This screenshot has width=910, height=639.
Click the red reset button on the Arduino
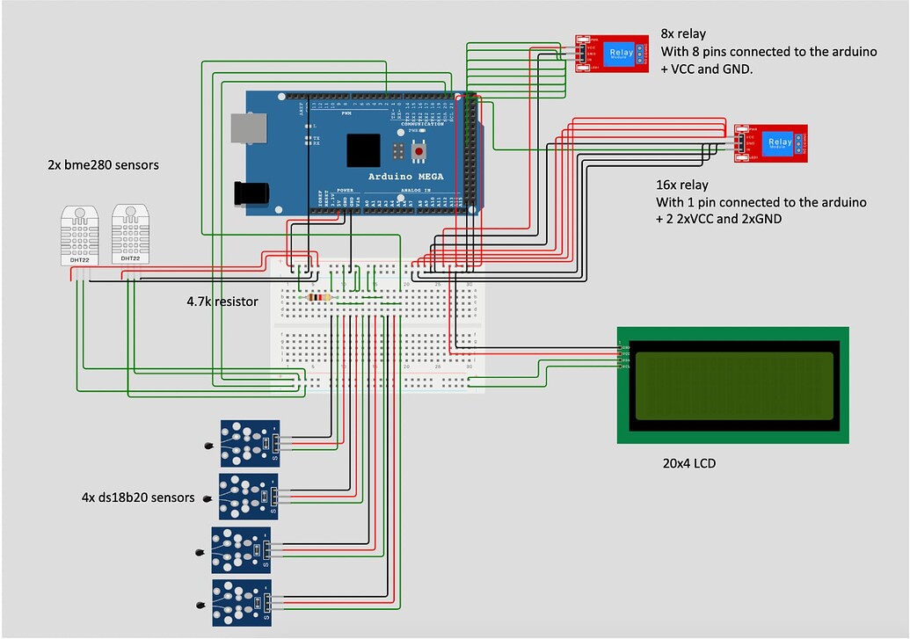[x=419, y=152]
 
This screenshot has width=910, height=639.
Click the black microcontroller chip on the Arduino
[x=363, y=150]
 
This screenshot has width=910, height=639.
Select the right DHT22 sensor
[x=130, y=236]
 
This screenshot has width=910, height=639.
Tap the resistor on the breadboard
[x=321, y=297]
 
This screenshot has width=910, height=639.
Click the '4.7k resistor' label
[x=222, y=301]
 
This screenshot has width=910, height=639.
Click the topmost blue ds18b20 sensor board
[x=250, y=443]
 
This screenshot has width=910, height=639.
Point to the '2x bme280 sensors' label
[x=103, y=164]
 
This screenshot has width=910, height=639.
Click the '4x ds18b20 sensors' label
[x=137, y=497]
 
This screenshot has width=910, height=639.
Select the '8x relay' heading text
[x=682, y=34]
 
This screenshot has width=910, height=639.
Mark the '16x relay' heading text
[x=685, y=185]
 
